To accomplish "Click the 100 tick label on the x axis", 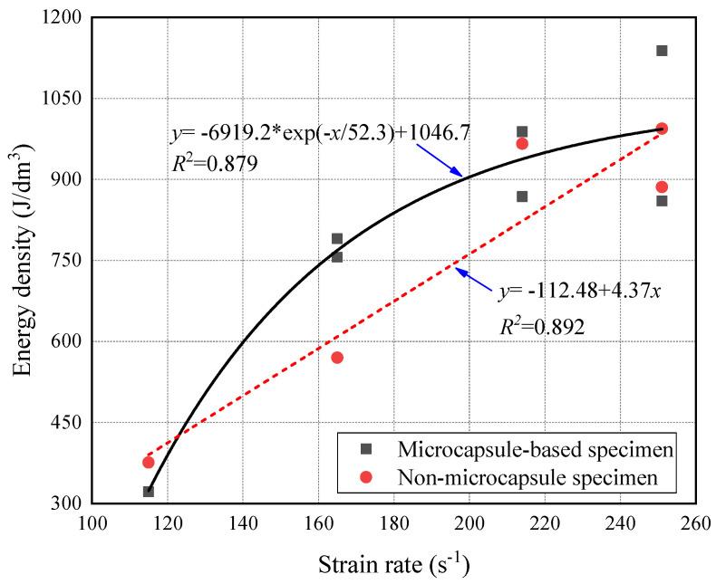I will (92, 524).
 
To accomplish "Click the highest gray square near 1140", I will (662, 51).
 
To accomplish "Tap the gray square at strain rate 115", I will (149, 492).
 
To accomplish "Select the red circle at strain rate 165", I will (337, 358).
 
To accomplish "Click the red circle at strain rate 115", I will (149, 463).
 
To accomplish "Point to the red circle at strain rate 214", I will (522, 143).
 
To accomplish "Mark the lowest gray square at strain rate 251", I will (662, 200).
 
